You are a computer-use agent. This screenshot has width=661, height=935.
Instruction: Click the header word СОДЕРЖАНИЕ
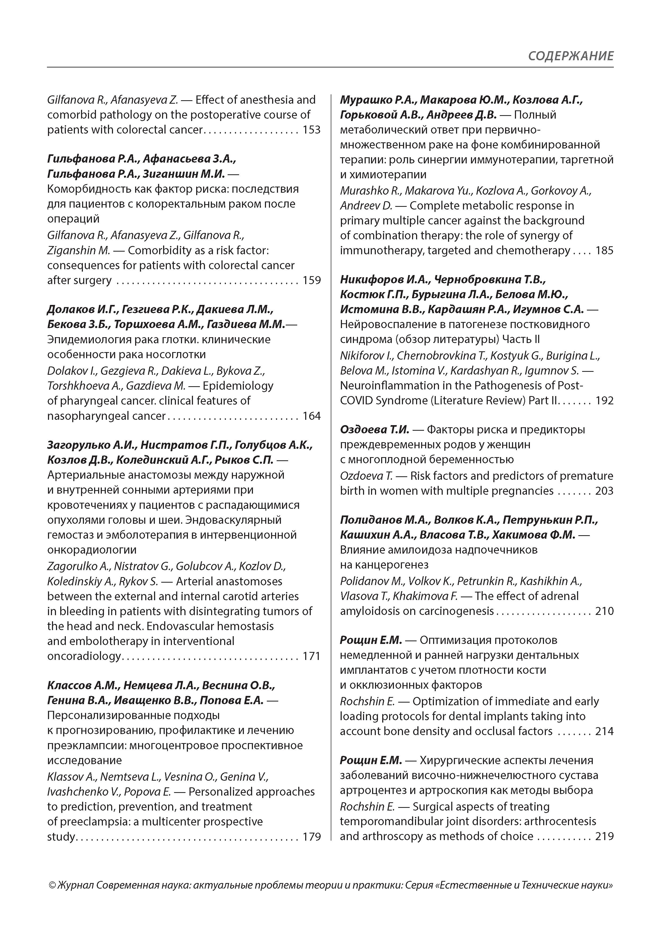click(570, 56)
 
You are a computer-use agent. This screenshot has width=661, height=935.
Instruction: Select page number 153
click(312, 130)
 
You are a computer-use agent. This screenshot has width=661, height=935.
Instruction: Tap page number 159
click(312, 281)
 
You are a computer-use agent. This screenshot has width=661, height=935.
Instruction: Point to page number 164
click(312, 416)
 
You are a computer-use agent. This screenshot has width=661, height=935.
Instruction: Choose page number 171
click(312, 656)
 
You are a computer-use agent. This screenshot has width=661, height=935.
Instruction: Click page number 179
click(312, 837)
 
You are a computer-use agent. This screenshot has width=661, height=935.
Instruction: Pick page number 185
click(604, 251)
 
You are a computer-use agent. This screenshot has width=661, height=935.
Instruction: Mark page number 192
click(604, 401)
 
